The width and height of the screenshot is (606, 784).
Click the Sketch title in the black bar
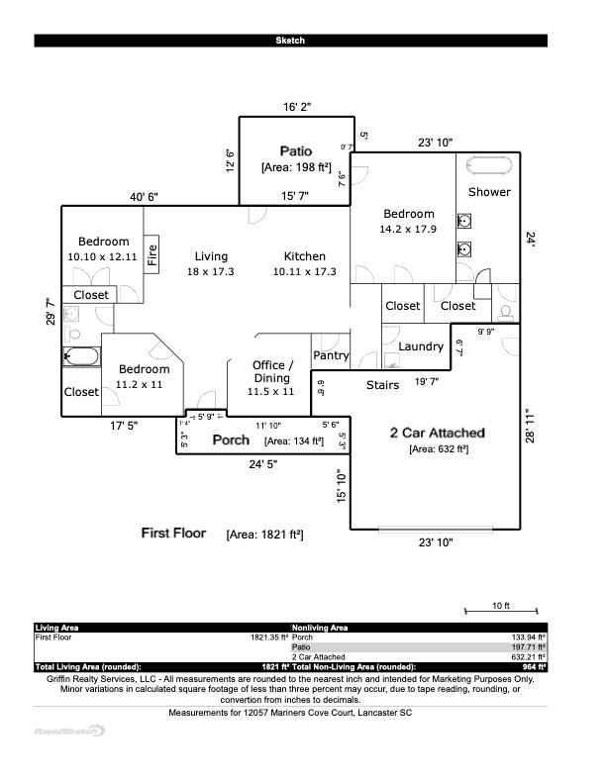290,41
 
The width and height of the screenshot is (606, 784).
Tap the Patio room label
295,151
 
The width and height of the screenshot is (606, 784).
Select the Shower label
489,192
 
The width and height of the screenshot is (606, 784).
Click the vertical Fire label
152,255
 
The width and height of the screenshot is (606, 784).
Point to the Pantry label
331,355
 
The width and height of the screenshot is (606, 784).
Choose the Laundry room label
421,346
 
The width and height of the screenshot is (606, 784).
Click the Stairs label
382,385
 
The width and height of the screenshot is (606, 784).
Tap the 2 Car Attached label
437,433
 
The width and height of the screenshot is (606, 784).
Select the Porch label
232,440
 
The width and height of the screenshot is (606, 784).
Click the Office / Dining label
272,371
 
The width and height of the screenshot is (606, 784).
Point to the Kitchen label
305,256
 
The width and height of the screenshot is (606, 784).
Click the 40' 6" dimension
144,197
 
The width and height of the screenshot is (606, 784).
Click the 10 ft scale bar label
500,606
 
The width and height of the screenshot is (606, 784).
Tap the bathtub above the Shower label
491,163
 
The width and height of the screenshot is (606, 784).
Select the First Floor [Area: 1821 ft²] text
222,534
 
